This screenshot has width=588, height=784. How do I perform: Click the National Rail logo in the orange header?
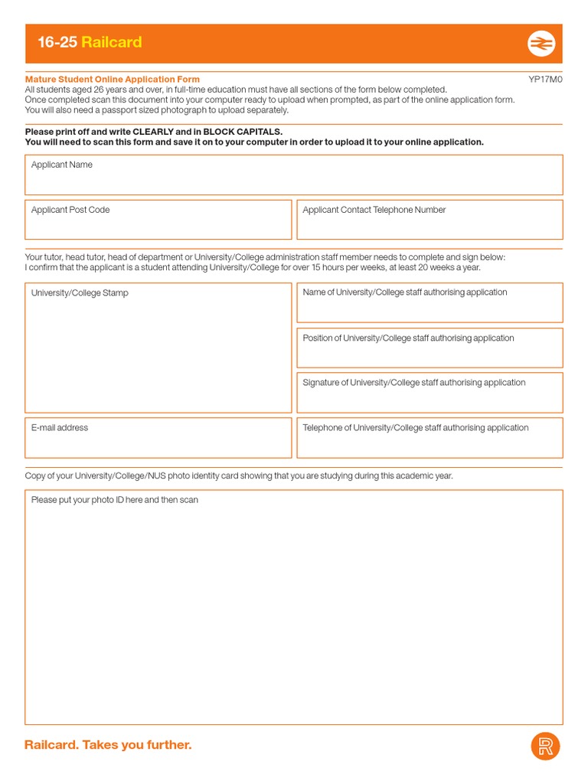(541, 44)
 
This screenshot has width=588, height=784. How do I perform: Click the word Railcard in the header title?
(112, 42)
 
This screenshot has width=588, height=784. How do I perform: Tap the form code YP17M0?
(545, 80)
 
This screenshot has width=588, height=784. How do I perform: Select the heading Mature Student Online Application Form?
(113, 80)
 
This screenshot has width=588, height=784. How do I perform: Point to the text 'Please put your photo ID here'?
(115, 500)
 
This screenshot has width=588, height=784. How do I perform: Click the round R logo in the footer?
(545, 746)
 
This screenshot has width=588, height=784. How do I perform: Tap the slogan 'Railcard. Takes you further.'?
(108, 745)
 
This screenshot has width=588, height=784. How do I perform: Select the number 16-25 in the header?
(57, 42)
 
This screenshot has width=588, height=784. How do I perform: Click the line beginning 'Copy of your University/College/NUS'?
(239, 475)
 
